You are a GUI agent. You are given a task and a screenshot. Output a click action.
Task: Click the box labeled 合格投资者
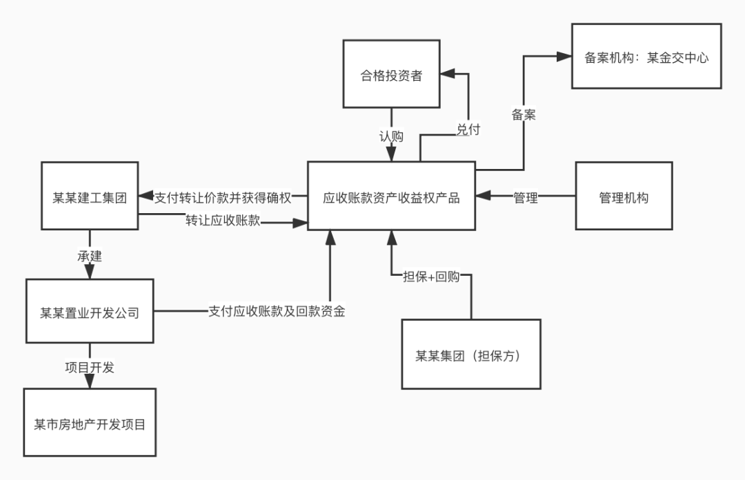click(391, 74)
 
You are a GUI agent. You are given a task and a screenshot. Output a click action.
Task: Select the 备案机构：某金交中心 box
click(646, 57)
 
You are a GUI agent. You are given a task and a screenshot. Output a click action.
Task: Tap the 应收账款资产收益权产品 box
click(391, 197)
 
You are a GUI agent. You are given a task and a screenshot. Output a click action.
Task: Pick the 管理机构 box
click(624, 197)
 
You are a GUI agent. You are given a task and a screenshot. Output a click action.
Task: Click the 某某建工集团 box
click(90, 197)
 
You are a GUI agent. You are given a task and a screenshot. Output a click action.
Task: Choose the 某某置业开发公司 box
click(90, 312)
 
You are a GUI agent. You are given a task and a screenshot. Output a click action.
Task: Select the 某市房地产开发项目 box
click(90, 423)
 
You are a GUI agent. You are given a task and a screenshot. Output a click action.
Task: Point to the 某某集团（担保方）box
click(471, 354)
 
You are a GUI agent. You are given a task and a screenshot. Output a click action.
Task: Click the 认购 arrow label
click(391, 135)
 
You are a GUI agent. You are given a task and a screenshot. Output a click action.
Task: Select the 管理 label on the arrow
click(525, 197)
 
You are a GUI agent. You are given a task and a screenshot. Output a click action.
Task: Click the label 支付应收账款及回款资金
click(277, 312)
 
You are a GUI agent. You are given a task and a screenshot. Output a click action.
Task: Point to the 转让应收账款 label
click(222, 222)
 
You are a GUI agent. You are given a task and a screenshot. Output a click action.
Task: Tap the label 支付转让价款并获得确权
click(223, 197)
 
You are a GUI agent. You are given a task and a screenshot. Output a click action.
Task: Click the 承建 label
click(90, 256)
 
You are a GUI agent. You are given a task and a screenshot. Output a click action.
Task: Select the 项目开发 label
click(90, 368)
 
